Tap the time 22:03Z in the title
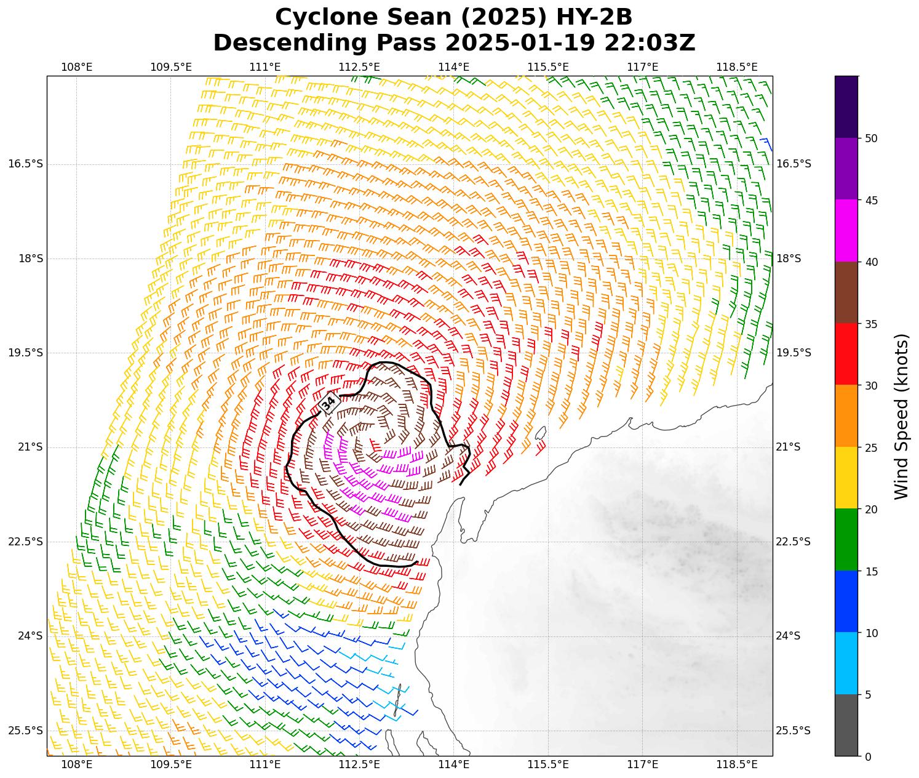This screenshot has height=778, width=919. [x=650, y=43]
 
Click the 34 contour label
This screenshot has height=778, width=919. [x=329, y=403]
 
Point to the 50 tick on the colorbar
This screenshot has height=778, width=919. [x=870, y=138]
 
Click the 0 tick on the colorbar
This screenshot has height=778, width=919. [x=867, y=757]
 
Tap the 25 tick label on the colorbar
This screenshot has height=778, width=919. [x=870, y=447]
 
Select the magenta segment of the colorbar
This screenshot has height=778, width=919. [x=846, y=231]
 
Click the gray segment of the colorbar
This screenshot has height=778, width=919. [x=846, y=725]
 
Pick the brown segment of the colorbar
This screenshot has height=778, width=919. [x=846, y=292]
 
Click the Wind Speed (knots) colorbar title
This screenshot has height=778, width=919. [x=901, y=417]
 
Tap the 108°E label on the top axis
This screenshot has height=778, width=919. [x=77, y=66]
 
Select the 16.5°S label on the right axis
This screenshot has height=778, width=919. [x=794, y=164]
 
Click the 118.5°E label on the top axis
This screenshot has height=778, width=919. [x=737, y=66]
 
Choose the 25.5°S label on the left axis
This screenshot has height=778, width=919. [x=26, y=731]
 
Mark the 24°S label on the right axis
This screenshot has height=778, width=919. [x=789, y=636]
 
